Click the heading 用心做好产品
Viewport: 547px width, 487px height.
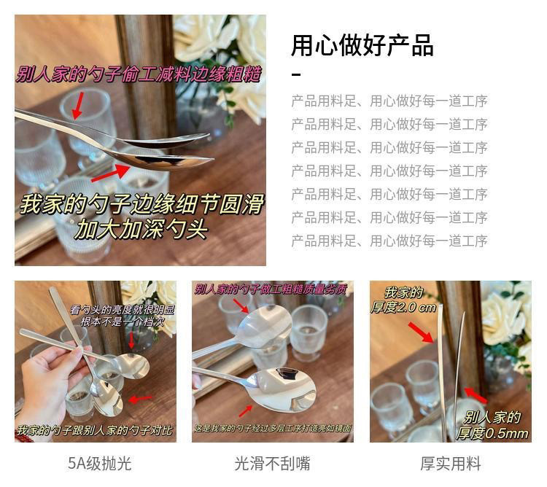click(x=362, y=45)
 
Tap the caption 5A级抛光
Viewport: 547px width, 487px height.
click(x=99, y=463)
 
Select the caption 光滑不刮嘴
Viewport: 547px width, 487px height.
click(x=271, y=463)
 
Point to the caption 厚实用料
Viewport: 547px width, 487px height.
click(x=450, y=463)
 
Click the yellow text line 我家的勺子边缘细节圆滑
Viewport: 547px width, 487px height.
click(x=141, y=203)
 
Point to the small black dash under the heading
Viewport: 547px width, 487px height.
click(x=296, y=74)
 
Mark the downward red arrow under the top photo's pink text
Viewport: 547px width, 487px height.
click(x=77, y=103)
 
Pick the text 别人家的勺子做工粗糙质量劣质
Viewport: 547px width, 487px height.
click(x=270, y=289)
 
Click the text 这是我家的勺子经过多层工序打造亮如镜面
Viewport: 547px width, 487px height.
click(x=272, y=430)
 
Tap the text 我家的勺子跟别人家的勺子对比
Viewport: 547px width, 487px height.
click(x=95, y=430)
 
